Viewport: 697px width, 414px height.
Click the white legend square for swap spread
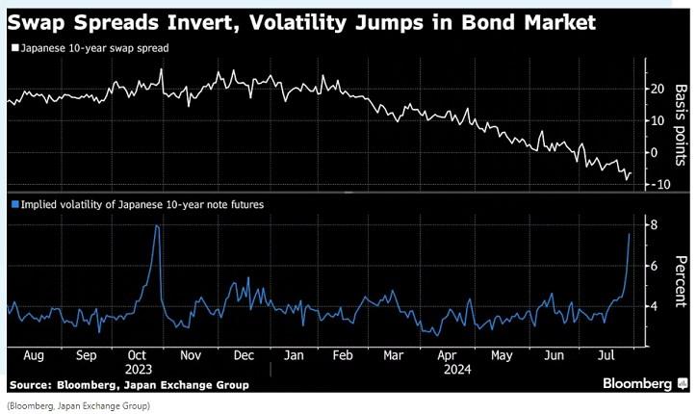12,46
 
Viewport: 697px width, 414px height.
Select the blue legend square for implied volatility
12,204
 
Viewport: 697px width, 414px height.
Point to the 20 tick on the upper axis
657,90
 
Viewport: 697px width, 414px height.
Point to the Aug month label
33,353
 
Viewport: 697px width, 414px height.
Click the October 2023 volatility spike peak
157,225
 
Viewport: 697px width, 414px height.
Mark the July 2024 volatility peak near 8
630,234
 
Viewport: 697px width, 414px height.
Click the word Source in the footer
32,385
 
